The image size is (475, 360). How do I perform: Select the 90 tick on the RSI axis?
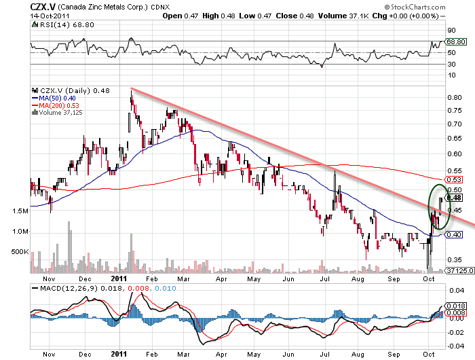[451, 30]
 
